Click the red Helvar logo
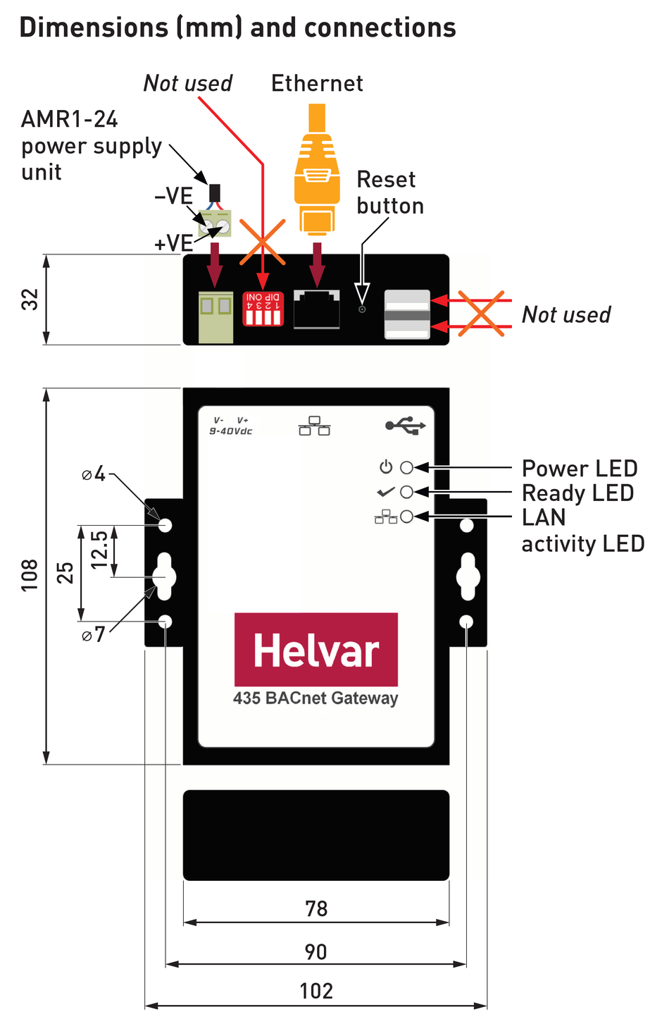click(x=316, y=649)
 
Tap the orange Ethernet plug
click(x=317, y=175)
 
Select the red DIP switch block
click(x=263, y=309)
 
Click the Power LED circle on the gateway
click(x=406, y=467)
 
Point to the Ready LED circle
click(x=406, y=492)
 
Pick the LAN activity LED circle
click(x=406, y=517)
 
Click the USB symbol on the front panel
click(x=406, y=425)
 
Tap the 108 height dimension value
click(x=30, y=575)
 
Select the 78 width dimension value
click(x=316, y=908)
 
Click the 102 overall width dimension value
click(x=316, y=991)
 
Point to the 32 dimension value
click(x=30, y=300)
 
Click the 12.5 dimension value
click(x=99, y=550)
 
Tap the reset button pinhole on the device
click(x=362, y=309)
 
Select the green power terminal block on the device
click(x=216, y=315)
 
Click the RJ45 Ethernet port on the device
click(x=317, y=309)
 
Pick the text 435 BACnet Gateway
click(x=316, y=698)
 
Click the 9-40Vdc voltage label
click(x=231, y=431)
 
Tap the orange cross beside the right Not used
click(x=481, y=313)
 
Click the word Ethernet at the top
click(x=317, y=83)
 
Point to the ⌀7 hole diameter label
click(x=94, y=634)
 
